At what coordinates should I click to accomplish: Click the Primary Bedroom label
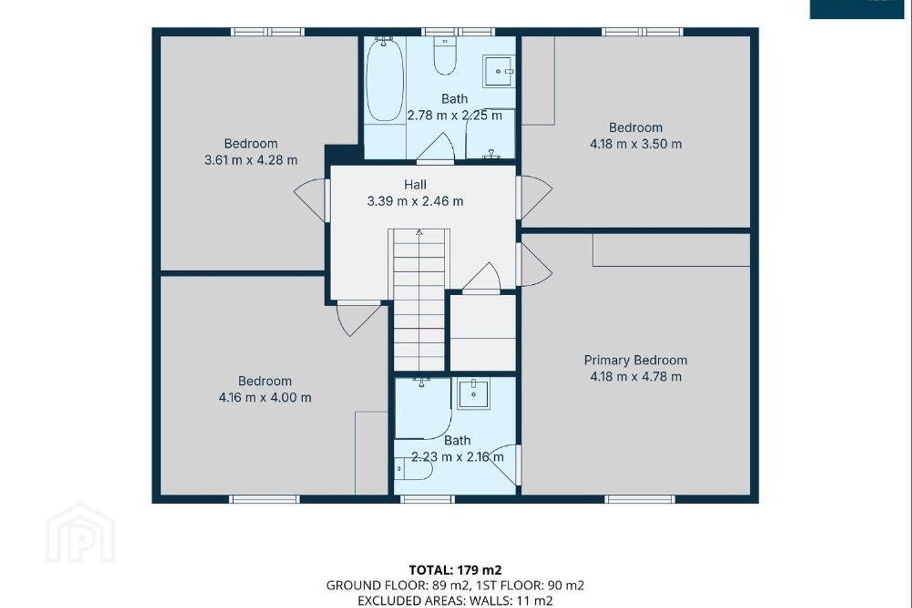coord(636,360)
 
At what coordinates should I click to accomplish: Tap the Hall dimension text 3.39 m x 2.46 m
coord(415,201)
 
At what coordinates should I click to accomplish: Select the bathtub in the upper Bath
coord(385,79)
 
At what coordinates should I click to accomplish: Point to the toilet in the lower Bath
coord(413,469)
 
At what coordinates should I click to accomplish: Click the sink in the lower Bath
coord(473,393)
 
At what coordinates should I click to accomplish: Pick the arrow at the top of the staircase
coord(419,232)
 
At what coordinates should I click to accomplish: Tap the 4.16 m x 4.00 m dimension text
coord(265,398)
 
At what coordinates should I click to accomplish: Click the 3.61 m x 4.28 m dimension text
coord(251,160)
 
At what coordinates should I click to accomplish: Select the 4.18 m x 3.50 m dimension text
coord(636,144)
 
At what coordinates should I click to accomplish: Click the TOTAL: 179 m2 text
coord(455,570)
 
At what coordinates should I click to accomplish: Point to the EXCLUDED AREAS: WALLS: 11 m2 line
coord(455,600)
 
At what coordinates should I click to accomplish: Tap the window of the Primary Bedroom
coord(640,499)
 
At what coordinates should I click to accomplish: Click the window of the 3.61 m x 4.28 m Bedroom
coord(267,32)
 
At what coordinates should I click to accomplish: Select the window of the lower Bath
coord(427,499)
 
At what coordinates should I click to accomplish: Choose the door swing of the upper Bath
coord(435,148)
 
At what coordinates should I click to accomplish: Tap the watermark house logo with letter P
coord(80,533)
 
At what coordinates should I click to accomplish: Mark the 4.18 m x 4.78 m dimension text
coord(636,377)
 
